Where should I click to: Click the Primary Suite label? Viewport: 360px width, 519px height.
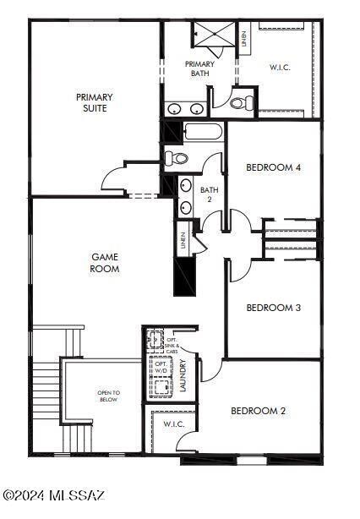(95, 102)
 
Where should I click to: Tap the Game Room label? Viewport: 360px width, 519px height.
(105, 263)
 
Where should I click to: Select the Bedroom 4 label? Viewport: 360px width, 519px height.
(273, 167)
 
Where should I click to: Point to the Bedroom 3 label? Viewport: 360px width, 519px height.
(274, 308)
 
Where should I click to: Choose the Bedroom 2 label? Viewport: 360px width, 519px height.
(258, 411)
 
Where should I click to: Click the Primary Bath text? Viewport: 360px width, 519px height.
(199, 68)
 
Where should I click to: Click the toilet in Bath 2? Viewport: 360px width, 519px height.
(176, 158)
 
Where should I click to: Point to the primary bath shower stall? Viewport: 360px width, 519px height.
(214, 34)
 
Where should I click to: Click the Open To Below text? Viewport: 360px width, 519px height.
(109, 396)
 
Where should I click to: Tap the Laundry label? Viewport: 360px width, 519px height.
(183, 375)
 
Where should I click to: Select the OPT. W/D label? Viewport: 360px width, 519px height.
(161, 367)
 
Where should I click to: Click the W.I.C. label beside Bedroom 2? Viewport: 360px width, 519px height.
(174, 424)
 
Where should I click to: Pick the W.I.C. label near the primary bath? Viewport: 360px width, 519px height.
(280, 67)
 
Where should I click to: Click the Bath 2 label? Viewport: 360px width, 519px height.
(209, 194)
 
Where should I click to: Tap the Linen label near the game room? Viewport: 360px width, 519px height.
(183, 240)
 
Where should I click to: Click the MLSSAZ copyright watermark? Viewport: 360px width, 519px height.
(54, 495)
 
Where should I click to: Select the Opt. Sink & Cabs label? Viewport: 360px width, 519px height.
(172, 345)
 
